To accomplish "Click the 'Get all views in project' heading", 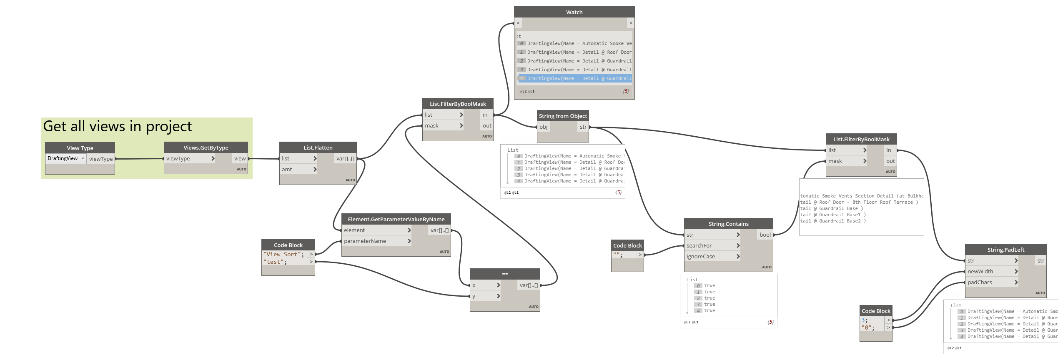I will tap(118, 126).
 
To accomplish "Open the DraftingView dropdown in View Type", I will tap(66, 158).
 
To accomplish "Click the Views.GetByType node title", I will tap(206, 147).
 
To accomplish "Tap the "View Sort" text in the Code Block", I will tap(282, 254).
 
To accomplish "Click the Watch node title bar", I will tap(574, 12).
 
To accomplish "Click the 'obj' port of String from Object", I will tap(544, 127).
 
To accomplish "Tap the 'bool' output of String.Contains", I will tap(765, 235).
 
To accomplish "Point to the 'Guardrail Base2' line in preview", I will tap(833, 221).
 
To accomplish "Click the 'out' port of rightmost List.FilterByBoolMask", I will tap(890, 161).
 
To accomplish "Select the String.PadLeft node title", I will tap(1005, 250).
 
